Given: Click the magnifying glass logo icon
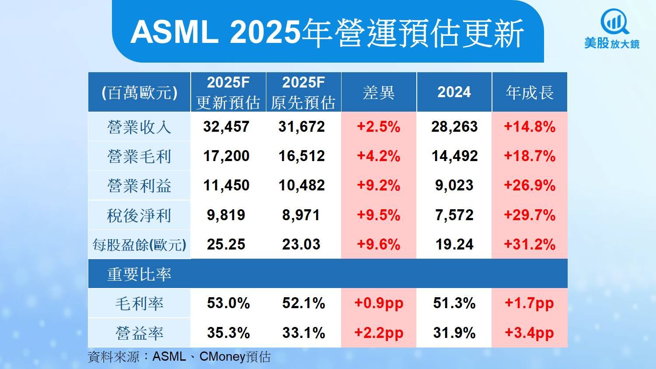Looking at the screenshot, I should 614,22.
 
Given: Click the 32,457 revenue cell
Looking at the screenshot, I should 226,127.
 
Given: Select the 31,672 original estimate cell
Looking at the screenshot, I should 302,127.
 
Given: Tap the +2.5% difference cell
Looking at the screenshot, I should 379,127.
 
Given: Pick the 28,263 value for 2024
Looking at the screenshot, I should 454,127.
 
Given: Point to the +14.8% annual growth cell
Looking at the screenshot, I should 530,127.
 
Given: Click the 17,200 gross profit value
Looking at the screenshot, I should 226,156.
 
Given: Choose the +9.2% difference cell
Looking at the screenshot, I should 379,186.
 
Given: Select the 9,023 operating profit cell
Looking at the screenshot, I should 454,186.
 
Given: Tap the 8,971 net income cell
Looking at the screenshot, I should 301,215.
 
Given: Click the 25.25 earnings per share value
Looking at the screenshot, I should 226,244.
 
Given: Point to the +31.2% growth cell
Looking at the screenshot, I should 530,244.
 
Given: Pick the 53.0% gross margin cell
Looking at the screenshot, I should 228,303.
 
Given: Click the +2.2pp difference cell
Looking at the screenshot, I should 379,333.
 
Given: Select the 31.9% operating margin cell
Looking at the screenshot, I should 454,333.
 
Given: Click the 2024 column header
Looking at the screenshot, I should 454,92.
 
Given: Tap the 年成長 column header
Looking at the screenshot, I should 530,92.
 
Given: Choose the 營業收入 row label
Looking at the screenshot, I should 139,127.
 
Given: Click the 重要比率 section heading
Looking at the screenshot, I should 139,274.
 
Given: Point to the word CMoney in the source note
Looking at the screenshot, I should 222,357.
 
